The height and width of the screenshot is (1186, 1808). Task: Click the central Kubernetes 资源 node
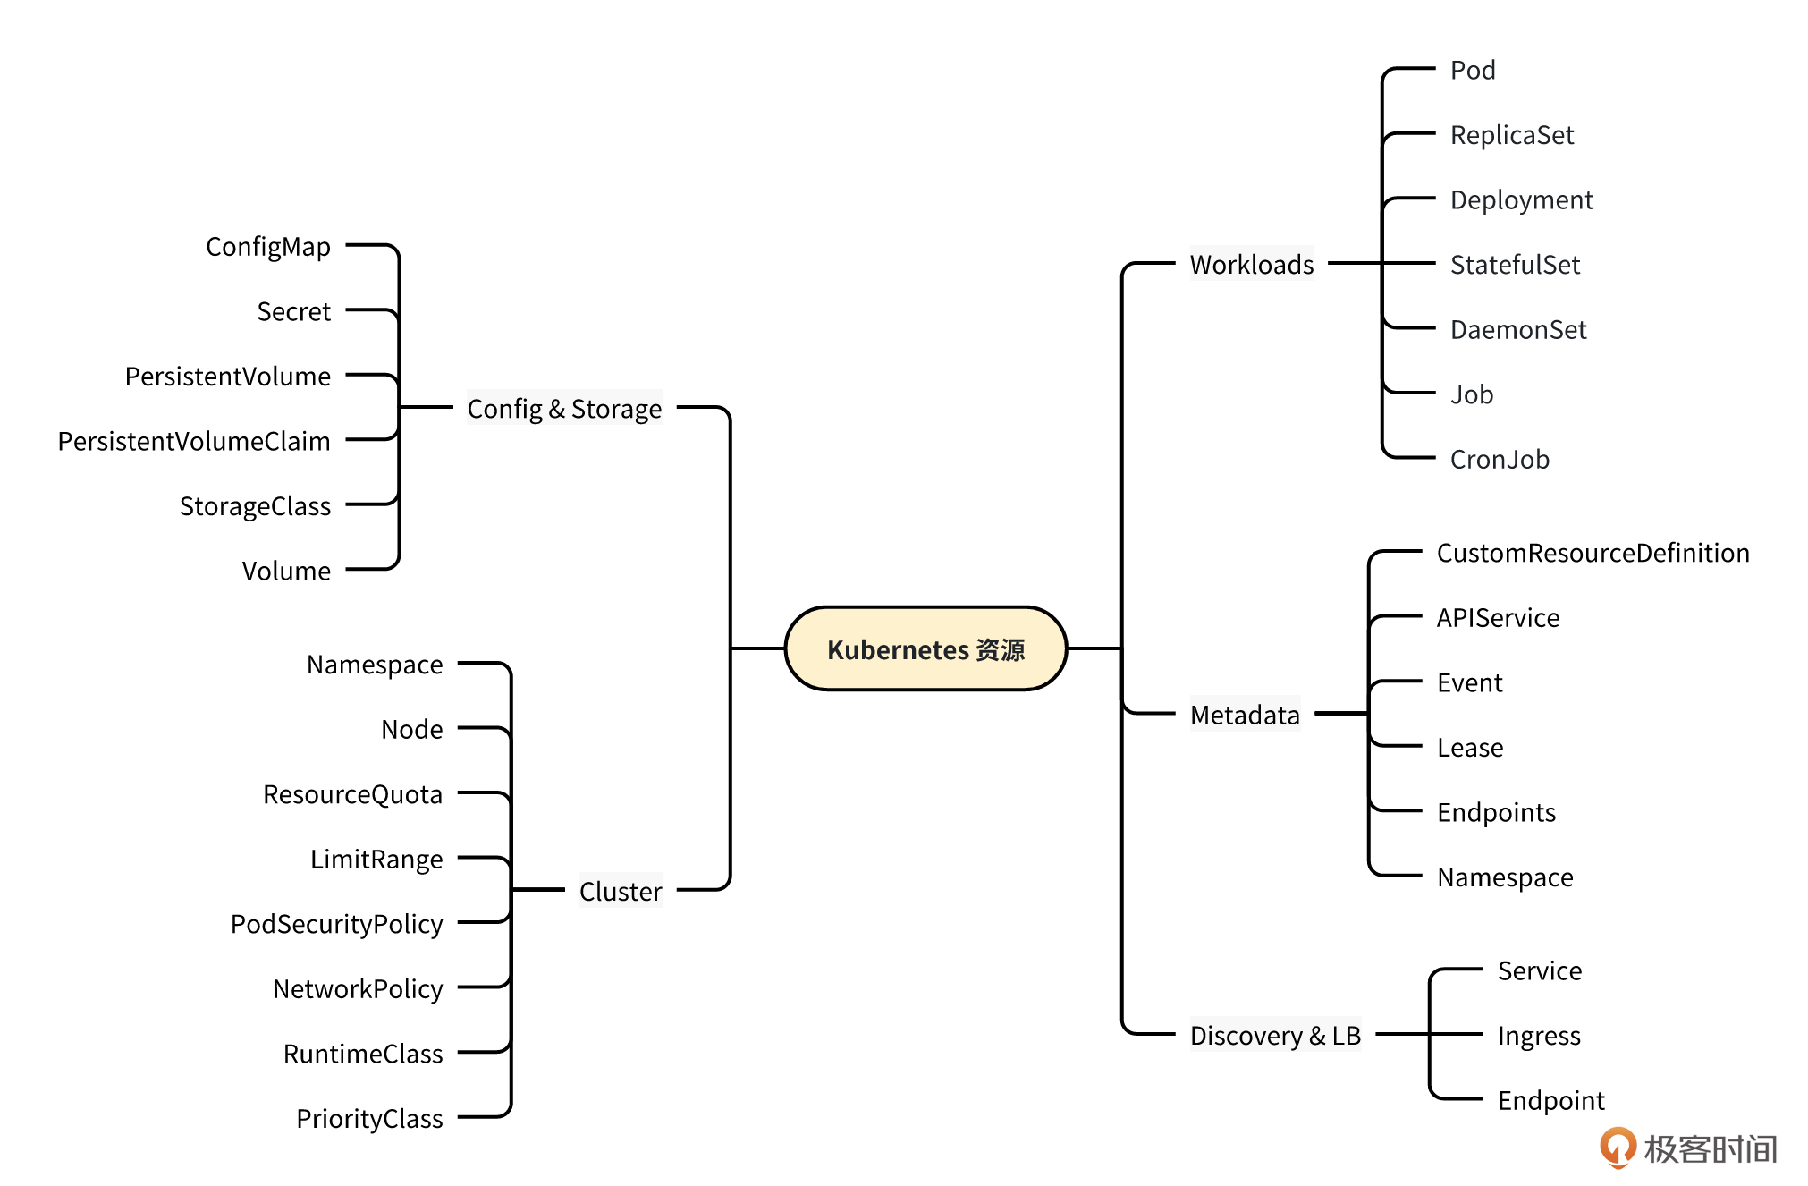[x=925, y=648]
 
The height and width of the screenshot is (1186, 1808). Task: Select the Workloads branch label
[x=1251, y=265]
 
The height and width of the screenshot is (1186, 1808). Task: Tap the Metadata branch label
[x=1245, y=715]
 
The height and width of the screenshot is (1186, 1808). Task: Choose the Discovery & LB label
[x=1275, y=1035]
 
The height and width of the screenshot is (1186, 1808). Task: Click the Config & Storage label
[x=564, y=409]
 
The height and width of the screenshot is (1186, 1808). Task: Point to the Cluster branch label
[x=621, y=891]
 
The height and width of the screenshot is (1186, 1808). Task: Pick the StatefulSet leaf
[x=1515, y=265]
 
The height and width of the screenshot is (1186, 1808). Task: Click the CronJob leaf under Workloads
[x=1500, y=459]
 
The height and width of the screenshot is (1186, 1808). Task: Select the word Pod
[x=1473, y=70]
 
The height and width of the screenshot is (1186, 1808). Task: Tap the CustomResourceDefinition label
[x=1593, y=553]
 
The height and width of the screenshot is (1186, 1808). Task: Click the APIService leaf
[x=1498, y=618]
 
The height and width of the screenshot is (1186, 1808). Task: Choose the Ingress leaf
[x=1539, y=1036]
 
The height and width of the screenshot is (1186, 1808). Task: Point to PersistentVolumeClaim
[x=194, y=441]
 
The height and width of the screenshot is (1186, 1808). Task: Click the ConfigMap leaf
[x=268, y=247]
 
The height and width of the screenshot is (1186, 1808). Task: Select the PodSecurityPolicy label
[x=336, y=924]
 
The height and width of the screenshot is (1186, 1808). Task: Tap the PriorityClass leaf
[x=369, y=1118]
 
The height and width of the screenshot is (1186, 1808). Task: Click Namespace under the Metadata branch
[x=1505, y=877]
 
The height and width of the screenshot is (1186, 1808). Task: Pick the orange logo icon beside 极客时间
[x=1618, y=1148]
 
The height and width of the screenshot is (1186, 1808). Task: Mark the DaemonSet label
[x=1518, y=330]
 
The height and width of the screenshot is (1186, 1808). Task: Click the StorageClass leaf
[x=255, y=506]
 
